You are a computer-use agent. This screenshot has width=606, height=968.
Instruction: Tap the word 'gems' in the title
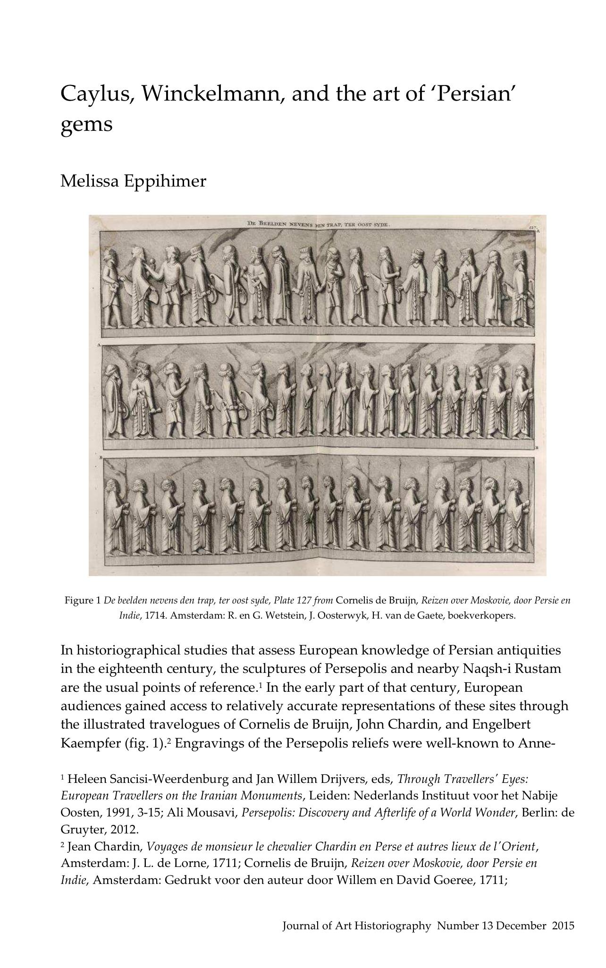coord(86,125)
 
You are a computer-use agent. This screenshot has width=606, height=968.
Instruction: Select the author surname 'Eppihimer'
coord(165,180)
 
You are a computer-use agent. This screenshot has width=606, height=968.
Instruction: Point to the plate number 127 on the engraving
coord(533,227)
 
